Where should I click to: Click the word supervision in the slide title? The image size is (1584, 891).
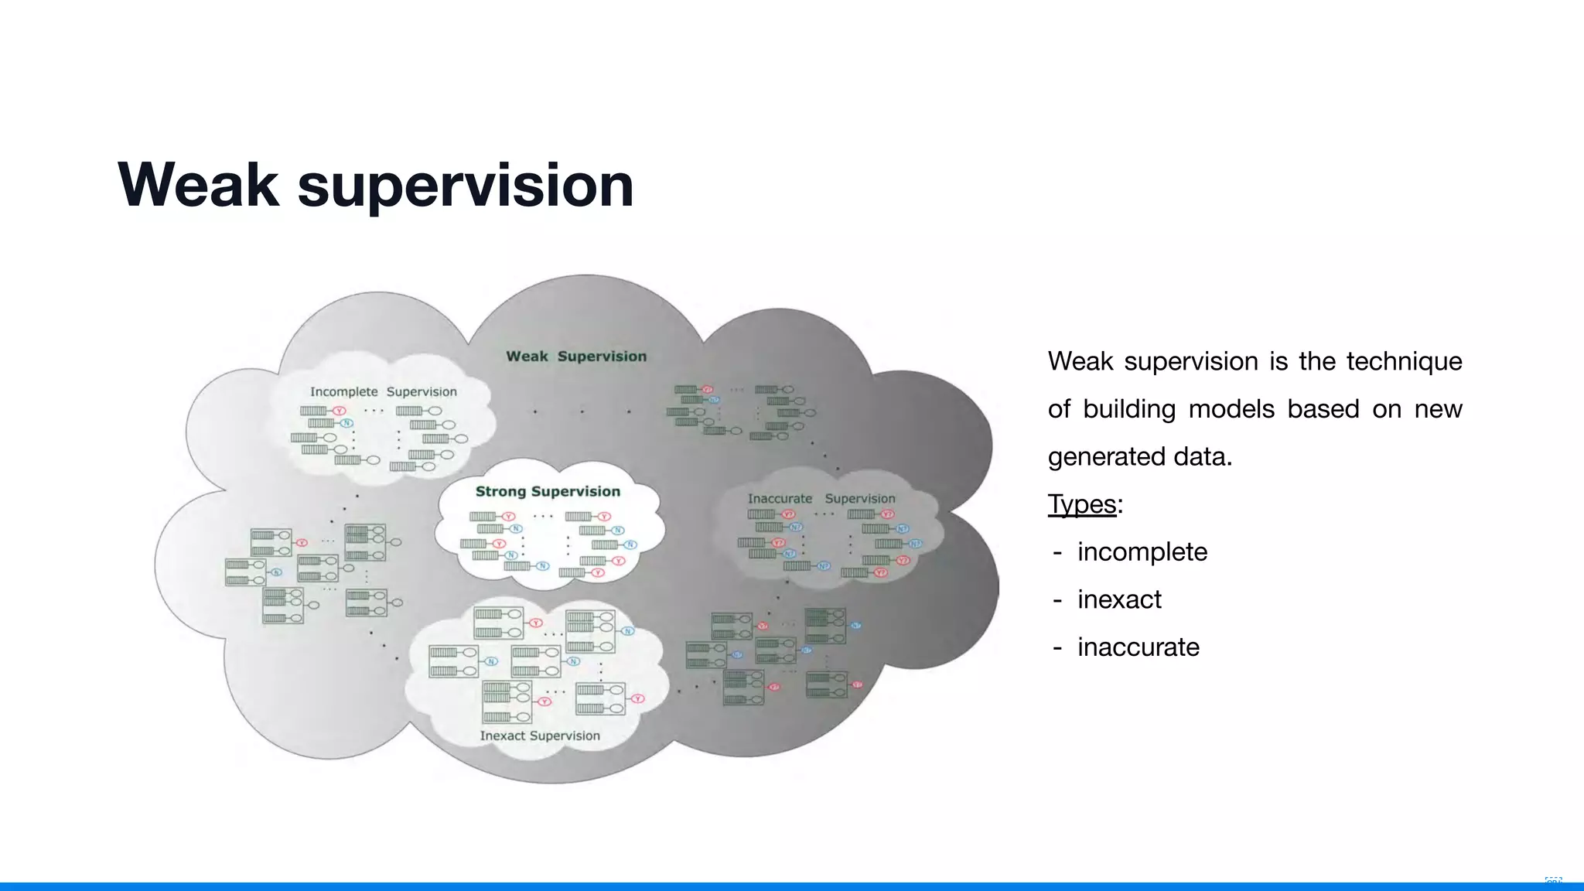[x=465, y=186]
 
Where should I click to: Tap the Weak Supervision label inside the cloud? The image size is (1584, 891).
[x=576, y=357]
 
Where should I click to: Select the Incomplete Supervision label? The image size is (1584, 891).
[x=383, y=392]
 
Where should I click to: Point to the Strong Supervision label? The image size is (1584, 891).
[x=548, y=492]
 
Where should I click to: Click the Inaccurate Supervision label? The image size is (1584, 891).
[x=821, y=499]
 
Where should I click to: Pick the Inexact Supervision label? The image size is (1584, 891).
[x=540, y=736]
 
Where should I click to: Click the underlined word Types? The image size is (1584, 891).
[x=1081, y=504]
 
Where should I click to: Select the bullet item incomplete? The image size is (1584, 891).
[x=1142, y=552]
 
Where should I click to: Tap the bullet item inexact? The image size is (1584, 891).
[x=1119, y=599]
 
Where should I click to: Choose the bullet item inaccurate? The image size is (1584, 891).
[x=1138, y=647]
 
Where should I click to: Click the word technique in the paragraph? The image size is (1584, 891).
[x=1404, y=361]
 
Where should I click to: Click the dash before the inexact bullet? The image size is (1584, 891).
[x=1057, y=600]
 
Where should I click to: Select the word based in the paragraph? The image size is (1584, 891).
[x=1323, y=408]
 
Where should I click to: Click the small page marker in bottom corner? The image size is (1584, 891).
[x=1552, y=881]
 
